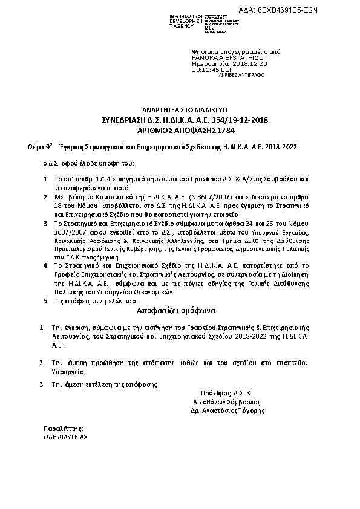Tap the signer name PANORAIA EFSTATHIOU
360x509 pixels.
(x=220, y=58)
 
